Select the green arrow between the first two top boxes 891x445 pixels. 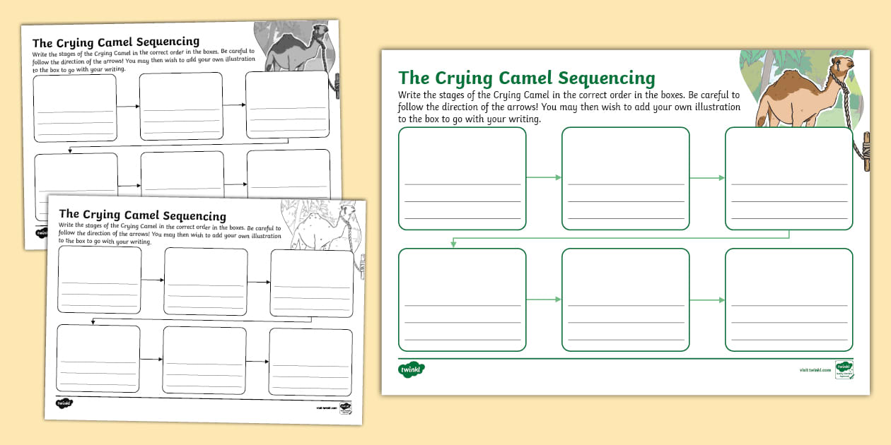[544, 177]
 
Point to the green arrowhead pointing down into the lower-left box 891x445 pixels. [453, 244]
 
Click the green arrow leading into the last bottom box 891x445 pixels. [707, 299]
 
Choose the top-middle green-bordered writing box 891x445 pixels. [625, 178]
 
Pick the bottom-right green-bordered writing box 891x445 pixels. [788, 299]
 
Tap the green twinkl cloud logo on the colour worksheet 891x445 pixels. [411, 369]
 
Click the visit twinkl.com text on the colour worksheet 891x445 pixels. [815, 369]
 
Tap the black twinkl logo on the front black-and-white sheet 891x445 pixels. [64, 403]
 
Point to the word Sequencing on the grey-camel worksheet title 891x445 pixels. [163, 42]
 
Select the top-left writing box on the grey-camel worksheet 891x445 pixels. [75, 107]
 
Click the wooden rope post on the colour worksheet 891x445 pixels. [865, 150]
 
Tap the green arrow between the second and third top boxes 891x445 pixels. [707, 177]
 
